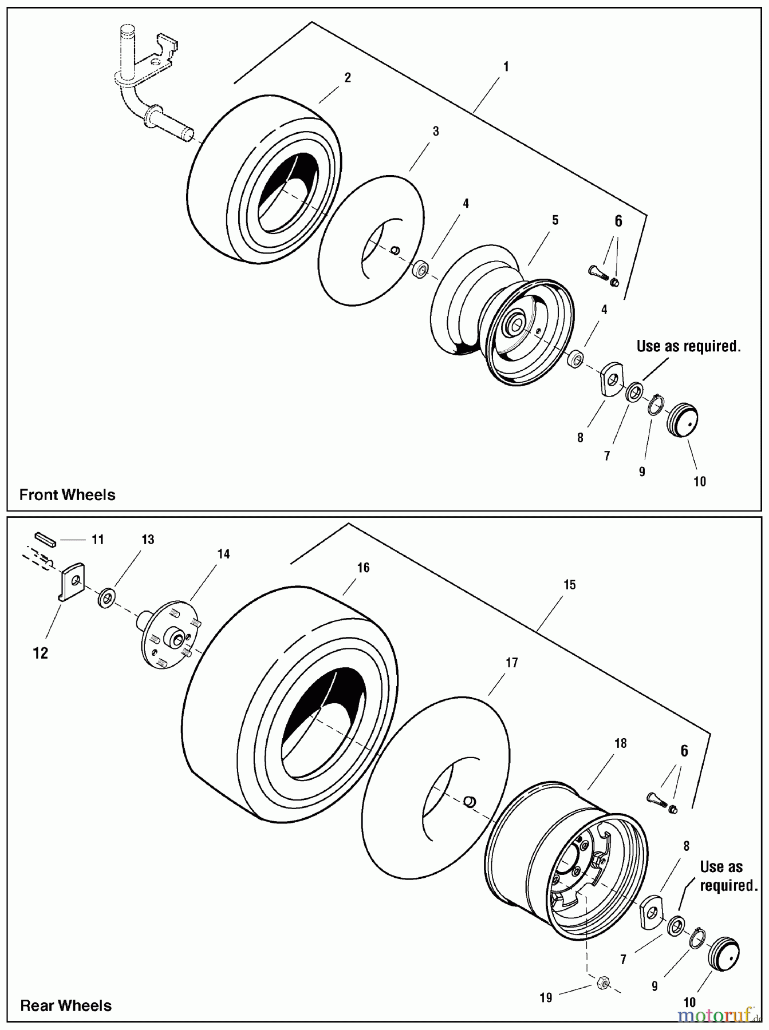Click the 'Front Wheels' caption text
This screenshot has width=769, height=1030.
(x=68, y=495)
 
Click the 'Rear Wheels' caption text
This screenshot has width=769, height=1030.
(x=66, y=1006)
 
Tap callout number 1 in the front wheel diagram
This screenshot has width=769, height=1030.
(x=506, y=67)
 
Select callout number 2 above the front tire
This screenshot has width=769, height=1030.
(x=348, y=78)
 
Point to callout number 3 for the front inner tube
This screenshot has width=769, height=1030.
(x=436, y=132)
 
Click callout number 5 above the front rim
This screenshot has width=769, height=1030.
(x=555, y=220)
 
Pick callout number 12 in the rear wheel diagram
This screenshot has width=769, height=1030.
(x=41, y=653)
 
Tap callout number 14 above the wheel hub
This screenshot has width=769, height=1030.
(x=223, y=554)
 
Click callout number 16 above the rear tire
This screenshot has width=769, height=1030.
(x=363, y=568)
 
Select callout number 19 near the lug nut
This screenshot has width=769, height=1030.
(x=546, y=998)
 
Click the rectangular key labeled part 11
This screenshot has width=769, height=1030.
(x=44, y=540)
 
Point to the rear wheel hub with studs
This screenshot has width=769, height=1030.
(x=169, y=635)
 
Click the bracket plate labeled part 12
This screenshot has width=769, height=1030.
(x=72, y=581)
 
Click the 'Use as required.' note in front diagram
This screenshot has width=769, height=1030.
(x=689, y=346)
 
